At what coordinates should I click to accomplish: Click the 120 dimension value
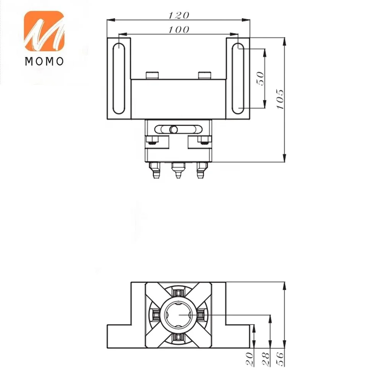click(x=179, y=15)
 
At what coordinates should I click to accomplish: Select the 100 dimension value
click(x=179, y=30)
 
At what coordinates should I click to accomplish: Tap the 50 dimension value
click(x=261, y=78)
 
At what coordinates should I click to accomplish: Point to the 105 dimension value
click(x=280, y=99)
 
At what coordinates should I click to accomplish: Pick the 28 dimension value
click(x=266, y=359)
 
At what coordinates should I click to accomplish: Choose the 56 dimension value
click(x=280, y=359)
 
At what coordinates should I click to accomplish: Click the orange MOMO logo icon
click(x=44, y=31)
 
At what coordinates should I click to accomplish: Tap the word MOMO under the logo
click(x=44, y=62)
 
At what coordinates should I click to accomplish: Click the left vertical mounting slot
click(x=119, y=78)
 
